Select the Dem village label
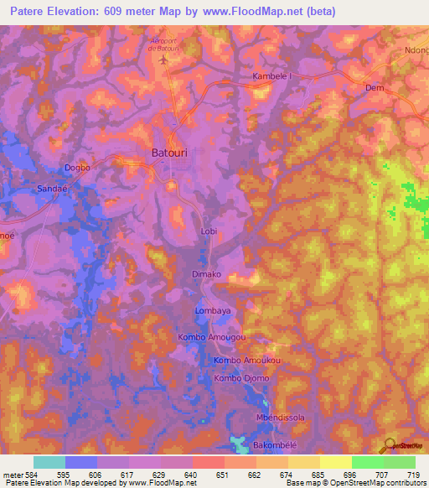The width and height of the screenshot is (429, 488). [x=375, y=87]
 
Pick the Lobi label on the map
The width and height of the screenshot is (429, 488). [x=209, y=231]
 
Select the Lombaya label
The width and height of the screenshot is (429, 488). [x=213, y=310]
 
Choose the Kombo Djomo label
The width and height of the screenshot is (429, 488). [x=241, y=378]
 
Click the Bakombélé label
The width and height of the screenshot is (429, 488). [x=275, y=444]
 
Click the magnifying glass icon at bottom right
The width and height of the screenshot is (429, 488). [x=389, y=445]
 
